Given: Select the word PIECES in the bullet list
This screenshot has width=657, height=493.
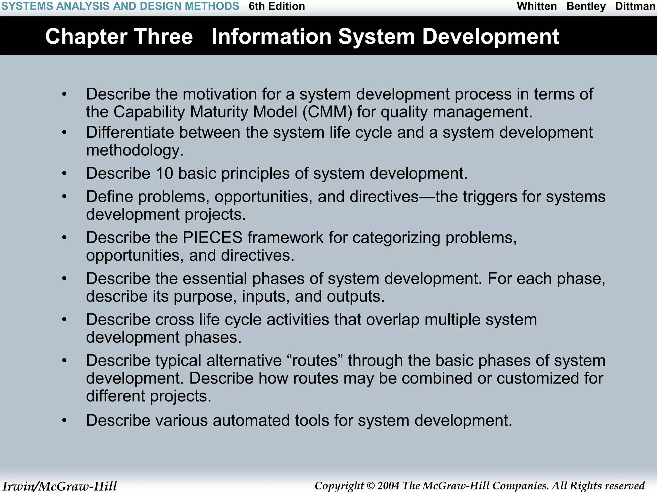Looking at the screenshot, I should pyautogui.click(x=212, y=238).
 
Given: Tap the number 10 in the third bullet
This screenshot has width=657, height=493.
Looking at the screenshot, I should pyautogui.click(x=164, y=174).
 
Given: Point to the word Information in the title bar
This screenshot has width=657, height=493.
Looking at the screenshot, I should pyautogui.click(x=271, y=36).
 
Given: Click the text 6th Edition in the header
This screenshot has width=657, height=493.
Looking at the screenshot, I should pyautogui.click(x=277, y=6).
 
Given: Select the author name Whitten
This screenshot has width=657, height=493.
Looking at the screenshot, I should pyautogui.click(x=537, y=6).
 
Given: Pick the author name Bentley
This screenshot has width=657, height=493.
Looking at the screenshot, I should pyautogui.click(x=586, y=6).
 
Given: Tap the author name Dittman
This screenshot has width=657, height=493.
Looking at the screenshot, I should pyautogui.click(x=635, y=6).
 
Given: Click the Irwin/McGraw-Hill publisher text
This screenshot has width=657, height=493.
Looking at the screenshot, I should pyautogui.click(x=60, y=486).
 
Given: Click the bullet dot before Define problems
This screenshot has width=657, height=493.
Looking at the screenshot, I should pyautogui.click(x=64, y=197).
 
